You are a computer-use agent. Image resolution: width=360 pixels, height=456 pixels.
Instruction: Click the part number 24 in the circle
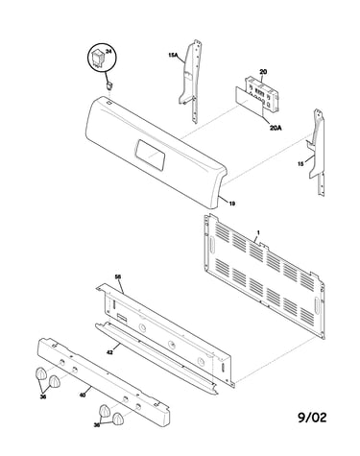click(x=108, y=52)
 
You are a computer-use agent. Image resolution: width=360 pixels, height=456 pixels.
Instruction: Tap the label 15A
click(x=173, y=55)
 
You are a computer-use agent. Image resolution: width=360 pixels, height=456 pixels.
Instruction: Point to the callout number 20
click(x=263, y=72)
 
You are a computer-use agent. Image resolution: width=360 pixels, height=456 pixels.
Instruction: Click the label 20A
click(x=276, y=128)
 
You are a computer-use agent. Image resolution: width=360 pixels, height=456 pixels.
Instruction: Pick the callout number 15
click(x=300, y=164)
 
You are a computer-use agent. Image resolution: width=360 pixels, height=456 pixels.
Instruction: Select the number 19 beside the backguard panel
click(x=232, y=204)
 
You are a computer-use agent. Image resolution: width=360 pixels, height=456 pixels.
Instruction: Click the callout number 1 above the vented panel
click(x=258, y=231)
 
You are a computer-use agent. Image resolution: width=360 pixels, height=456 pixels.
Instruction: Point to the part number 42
click(x=109, y=352)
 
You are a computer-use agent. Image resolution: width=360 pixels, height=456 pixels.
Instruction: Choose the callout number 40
click(x=83, y=396)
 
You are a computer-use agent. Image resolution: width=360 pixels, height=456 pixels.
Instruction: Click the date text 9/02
click(x=312, y=418)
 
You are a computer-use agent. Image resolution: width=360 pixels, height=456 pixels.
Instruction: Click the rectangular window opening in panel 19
click(x=150, y=154)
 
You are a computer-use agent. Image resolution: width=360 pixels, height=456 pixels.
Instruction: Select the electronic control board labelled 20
click(x=262, y=94)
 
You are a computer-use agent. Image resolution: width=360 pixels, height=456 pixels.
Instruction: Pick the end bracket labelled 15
click(x=318, y=151)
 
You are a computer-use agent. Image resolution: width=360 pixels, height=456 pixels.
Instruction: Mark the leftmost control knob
click(x=40, y=373)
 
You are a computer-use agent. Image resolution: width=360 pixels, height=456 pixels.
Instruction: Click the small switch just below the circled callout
click(x=110, y=85)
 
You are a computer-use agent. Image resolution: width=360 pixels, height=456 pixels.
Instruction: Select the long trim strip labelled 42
click(x=156, y=358)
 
